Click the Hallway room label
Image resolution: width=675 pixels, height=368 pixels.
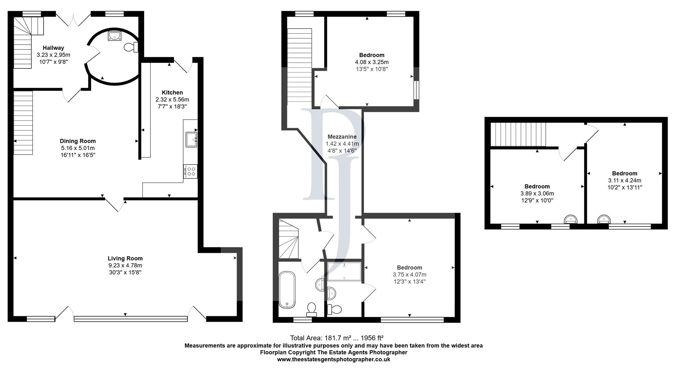pyautogui.click(x=53, y=48)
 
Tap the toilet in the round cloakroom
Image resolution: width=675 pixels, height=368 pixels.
pyautogui.click(x=130, y=47)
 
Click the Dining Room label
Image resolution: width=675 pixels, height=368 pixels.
pyautogui.click(x=78, y=141)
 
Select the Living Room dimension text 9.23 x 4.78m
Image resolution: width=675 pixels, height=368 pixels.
pyautogui.click(x=125, y=265)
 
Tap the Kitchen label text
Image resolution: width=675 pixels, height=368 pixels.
pyautogui.click(x=172, y=93)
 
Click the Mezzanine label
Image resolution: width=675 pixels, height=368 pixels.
pyautogui.click(x=342, y=137)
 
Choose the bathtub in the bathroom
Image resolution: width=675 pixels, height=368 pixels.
pyautogui.click(x=287, y=290)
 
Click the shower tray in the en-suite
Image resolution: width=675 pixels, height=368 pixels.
pyautogui.click(x=345, y=271)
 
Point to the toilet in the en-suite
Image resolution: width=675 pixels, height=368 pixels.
pyautogui.click(x=334, y=309)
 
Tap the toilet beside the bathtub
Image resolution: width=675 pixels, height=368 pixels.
pyautogui.click(x=311, y=309)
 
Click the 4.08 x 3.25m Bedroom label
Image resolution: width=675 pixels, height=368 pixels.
pyautogui.click(x=372, y=55)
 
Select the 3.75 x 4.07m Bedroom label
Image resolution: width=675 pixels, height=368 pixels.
pyautogui.click(x=410, y=268)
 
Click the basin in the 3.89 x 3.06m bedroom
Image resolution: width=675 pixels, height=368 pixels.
pyautogui.click(x=571, y=220)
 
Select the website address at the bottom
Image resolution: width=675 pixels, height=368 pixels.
pyautogui.click(x=334, y=359)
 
